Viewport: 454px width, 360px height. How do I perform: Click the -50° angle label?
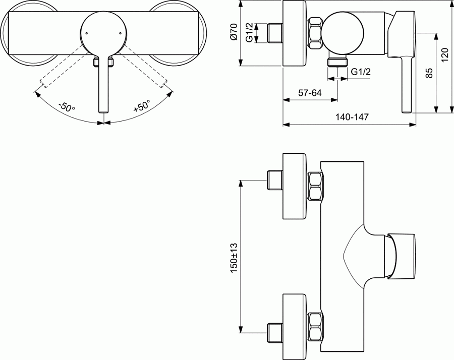pos(66,107)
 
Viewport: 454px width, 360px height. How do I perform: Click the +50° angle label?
pos(142,106)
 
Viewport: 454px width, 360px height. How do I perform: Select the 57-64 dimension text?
pos(310,93)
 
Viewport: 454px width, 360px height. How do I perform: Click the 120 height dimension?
pos(444,55)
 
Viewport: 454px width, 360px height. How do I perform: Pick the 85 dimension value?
pos(429,73)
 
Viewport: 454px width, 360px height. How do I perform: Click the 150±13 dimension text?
pos(234,258)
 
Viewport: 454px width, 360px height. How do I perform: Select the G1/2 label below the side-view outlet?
pos(361,72)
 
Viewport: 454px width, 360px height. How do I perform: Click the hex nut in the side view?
pos(315,34)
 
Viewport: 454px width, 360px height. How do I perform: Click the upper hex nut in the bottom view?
pos(315,187)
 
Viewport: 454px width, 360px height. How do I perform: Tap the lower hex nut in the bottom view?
pos(315,327)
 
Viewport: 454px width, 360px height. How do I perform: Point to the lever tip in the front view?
pos(103,108)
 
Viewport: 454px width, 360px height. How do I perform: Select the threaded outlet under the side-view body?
pos(337,62)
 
